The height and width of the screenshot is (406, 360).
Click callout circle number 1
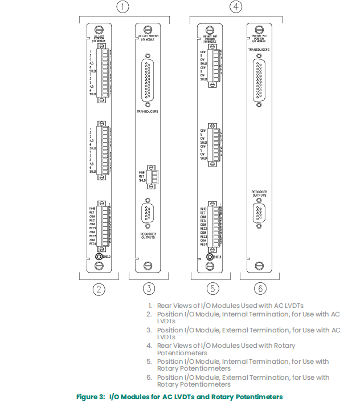coord(122,8)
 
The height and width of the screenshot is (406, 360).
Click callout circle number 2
coord(100,289)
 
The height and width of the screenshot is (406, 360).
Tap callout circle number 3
coord(148,289)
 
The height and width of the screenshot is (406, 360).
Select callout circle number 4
coord(235,8)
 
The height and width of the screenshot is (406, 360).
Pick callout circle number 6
coord(259,289)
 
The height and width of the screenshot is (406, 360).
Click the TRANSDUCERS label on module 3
coord(148,112)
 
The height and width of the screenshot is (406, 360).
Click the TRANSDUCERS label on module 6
coord(259,50)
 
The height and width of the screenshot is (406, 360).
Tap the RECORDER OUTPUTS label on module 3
coord(148,235)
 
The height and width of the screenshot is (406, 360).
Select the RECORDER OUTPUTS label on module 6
coord(259,193)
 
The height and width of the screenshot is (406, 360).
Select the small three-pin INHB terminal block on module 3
coord(152,175)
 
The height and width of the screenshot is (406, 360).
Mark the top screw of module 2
coord(100,29)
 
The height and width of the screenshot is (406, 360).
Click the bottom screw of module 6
coord(259,265)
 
